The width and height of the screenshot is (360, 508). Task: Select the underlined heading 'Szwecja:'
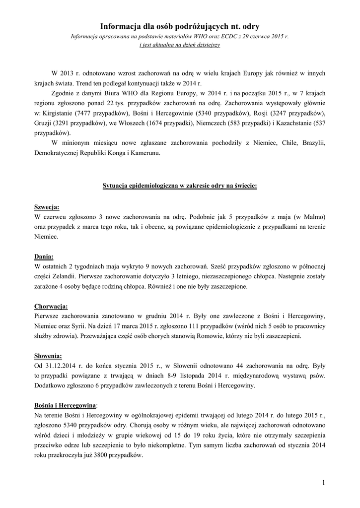pos(47,207)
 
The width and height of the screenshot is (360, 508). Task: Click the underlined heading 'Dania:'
pos(44,256)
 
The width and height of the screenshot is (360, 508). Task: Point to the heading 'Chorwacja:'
pos(51,306)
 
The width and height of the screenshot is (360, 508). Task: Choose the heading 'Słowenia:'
pos(48,356)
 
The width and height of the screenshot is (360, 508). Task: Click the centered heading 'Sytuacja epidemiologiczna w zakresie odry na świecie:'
pos(180,186)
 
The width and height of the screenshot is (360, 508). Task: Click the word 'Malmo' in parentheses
pos(312,217)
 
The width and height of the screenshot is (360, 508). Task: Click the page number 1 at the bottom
pos(323,482)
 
